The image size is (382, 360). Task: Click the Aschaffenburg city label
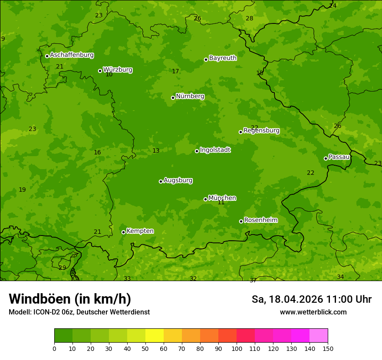(72, 55)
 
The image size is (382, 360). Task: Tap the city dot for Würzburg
(100, 71)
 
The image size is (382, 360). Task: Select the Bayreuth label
(223, 58)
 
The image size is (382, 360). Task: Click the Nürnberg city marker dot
(173, 98)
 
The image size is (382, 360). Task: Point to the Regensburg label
(261, 131)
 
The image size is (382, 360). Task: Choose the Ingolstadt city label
(215, 150)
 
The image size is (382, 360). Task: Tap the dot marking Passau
(326, 158)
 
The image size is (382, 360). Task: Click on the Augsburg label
(178, 180)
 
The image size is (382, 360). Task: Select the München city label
(222, 198)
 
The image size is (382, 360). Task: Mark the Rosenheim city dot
(241, 221)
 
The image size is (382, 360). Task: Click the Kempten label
(140, 231)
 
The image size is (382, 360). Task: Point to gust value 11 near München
(221, 203)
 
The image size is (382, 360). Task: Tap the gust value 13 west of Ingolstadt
(156, 151)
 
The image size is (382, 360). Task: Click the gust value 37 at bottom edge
(253, 280)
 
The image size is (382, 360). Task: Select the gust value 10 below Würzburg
(109, 75)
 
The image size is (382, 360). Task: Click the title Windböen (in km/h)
(70, 299)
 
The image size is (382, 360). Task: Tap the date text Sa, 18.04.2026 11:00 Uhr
(311, 299)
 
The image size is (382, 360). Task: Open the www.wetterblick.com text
(313, 312)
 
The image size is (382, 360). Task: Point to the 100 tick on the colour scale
(237, 348)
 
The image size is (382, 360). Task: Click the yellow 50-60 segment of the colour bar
(154, 336)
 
